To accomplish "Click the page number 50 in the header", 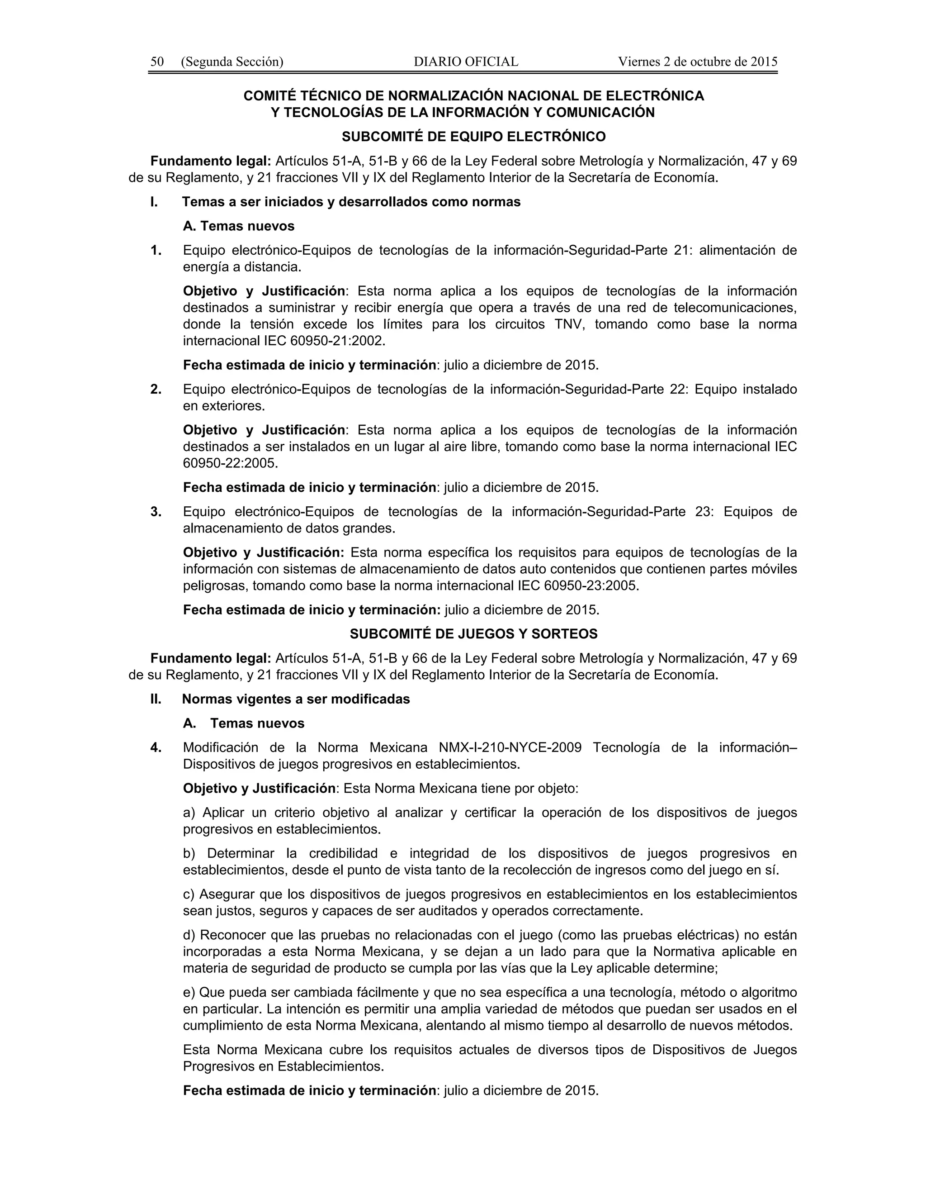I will point(157,62).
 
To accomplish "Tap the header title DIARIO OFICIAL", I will point(466,62).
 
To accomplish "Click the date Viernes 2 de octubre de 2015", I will point(698,62).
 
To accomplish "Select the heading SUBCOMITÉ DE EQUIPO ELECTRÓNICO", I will point(473,136).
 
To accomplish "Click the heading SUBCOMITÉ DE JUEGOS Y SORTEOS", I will point(473,634).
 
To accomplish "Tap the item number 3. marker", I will point(156,512).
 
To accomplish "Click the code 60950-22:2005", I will point(230,463).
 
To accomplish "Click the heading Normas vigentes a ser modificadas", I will point(296,699).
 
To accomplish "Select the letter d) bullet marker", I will point(189,935).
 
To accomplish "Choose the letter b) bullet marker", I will point(189,854).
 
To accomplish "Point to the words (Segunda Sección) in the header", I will point(232,62).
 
